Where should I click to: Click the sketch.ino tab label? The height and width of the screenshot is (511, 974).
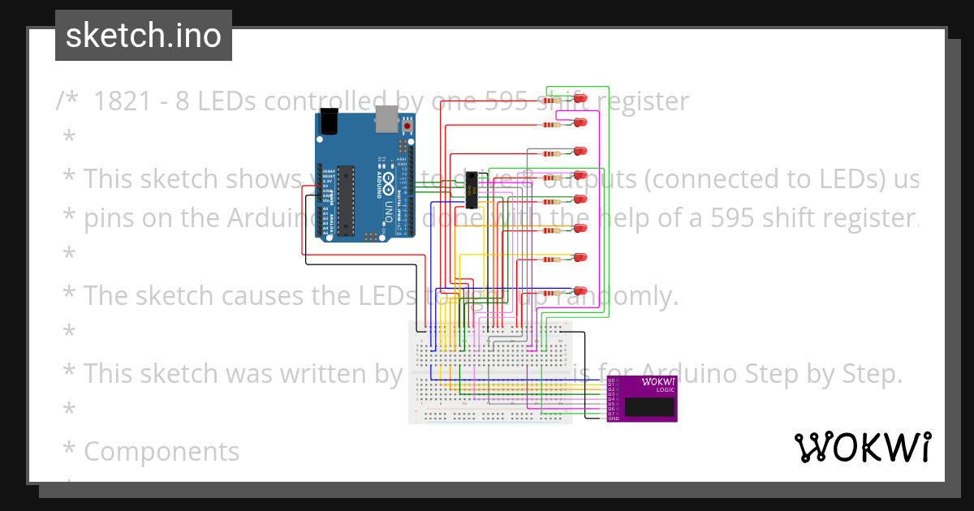143,36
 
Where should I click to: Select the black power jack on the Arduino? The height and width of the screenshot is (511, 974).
329,121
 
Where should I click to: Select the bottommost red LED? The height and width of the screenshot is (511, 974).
580,290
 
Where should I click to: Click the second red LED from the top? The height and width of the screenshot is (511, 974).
580,123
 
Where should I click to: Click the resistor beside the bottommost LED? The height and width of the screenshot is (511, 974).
554,292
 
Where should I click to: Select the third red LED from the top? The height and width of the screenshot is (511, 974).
580,152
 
